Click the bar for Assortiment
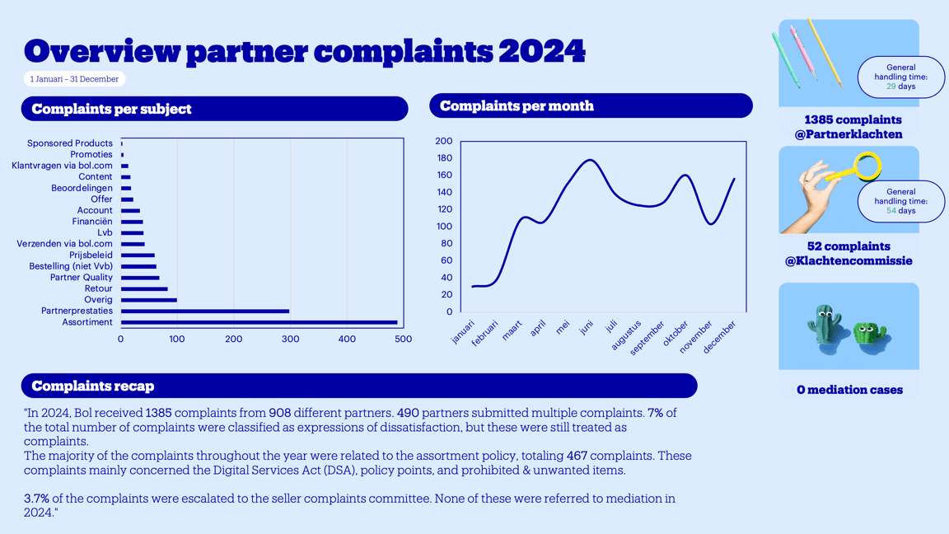[259, 322]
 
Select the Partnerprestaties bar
[205, 311]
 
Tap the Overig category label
[98, 300]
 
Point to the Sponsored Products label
[69, 143]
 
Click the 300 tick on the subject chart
[290, 340]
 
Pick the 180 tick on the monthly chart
[443, 158]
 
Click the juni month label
[586, 328]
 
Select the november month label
[697, 338]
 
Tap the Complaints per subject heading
[111, 109]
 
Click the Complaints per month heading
[517, 105]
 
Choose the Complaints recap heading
[92, 386]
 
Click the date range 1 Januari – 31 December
[74, 79]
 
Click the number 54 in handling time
[891, 211]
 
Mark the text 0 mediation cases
[848, 390]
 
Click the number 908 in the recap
[279, 413]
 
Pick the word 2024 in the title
[541, 51]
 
